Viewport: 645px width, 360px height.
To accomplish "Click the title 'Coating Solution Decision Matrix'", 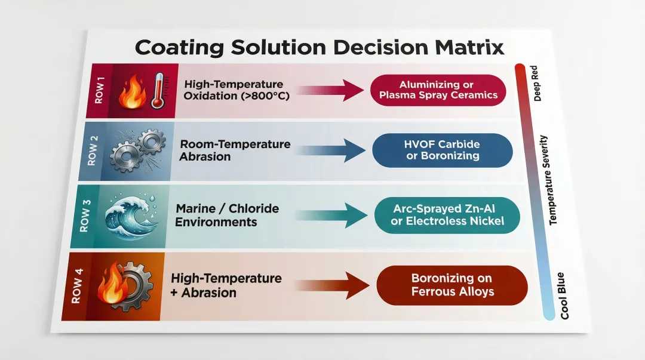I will (x=319, y=47).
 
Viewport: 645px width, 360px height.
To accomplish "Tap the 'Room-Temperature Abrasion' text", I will (x=235, y=150).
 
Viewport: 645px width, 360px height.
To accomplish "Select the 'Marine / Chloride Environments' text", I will (x=228, y=216).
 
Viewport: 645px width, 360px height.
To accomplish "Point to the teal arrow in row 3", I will (x=326, y=216).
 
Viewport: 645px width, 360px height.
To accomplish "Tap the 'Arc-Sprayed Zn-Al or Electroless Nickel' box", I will (x=448, y=216).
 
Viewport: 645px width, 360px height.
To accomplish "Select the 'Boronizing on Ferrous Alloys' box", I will (x=452, y=285).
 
